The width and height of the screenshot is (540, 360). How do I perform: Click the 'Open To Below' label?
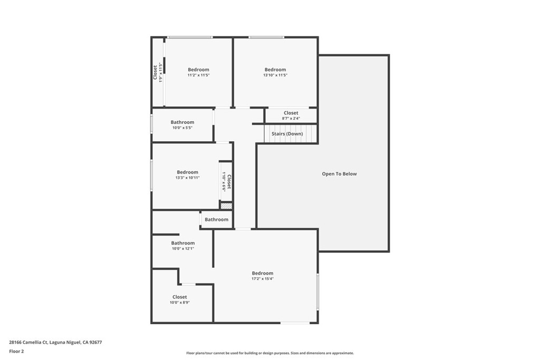click(339, 174)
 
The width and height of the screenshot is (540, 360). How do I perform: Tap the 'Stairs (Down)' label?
click(287, 134)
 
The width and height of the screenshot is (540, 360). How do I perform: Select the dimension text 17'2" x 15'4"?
click(263, 279)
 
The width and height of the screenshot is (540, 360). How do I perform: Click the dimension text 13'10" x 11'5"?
click(275, 75)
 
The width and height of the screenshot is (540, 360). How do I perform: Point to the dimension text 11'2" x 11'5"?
click(198, 75)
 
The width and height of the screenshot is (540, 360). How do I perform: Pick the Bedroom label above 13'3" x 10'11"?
click(187, 172)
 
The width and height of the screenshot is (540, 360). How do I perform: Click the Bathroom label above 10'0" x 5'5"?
click(182, 122)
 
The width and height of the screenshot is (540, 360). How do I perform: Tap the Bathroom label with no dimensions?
click(216, 220)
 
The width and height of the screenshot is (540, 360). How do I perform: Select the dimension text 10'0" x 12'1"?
click(182, 249)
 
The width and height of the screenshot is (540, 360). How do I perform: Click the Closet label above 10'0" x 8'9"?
click(179, 297)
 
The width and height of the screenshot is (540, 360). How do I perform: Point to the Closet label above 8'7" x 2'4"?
click(291, 113)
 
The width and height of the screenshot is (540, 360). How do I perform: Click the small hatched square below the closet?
click(226, 206)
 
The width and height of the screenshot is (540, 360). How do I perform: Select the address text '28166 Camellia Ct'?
click(28, 342)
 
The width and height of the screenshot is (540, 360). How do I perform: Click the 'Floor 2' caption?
click(16, 351)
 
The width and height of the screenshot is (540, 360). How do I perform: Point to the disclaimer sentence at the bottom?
click(269, 353)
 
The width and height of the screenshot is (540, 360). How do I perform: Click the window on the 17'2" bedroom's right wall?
click(317, 291)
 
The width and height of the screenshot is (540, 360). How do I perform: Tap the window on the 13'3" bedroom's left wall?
click(151, 175)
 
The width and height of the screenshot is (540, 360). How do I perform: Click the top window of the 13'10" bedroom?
click(267, 37)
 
